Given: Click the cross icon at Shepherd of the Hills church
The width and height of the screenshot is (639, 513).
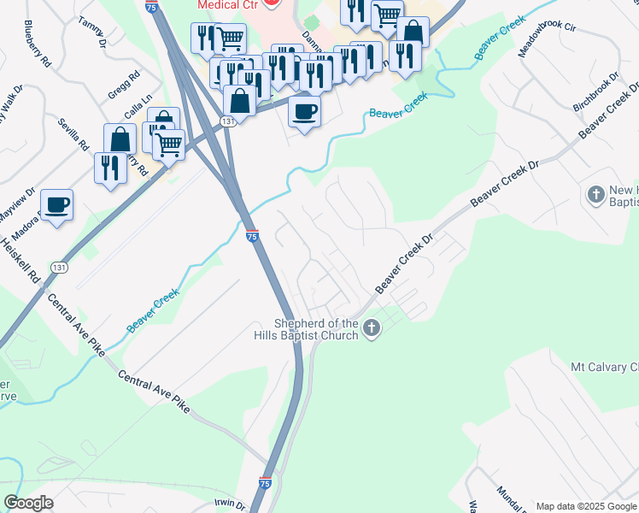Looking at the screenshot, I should (x=371, y=327).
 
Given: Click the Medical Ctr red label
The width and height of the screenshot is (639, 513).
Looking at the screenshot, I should (x=226, y=4).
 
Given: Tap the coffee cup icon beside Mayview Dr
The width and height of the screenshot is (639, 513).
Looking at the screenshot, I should (x=56, y=205).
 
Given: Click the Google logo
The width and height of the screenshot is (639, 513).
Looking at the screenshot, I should (x=28, y=503).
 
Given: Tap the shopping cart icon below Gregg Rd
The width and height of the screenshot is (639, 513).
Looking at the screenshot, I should (x=169, y=144).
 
